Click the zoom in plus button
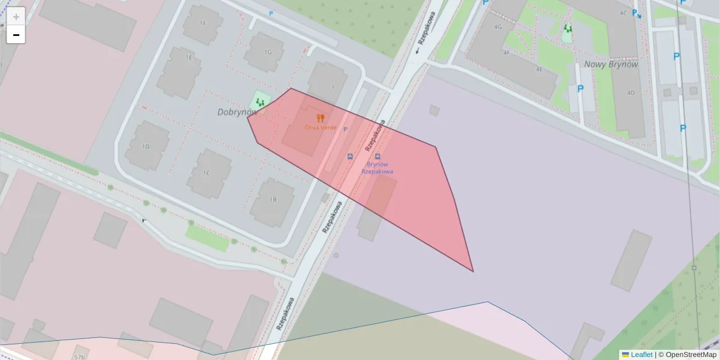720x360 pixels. point(16,16)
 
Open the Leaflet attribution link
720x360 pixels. point(641,355)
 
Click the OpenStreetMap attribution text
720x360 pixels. point(691,355)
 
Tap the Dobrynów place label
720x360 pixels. point(236,112)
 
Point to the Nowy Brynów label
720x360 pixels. point(611,64)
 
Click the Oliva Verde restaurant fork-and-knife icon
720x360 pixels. point(320,118)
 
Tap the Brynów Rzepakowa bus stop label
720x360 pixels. point(377,168)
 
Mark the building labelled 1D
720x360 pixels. point(146,146)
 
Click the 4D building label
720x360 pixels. point(631,93)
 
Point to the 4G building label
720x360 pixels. point(497,27)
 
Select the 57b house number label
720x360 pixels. point(80,356)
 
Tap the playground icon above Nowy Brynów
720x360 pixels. point(568,29)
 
